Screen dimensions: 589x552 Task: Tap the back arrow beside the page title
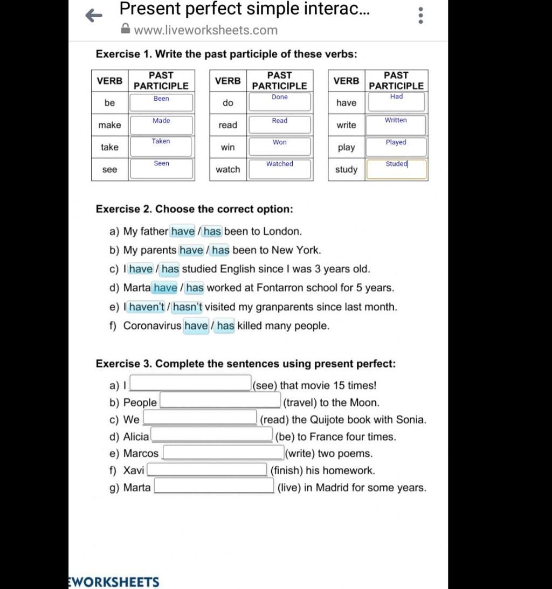94,16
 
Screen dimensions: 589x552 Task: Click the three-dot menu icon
420,16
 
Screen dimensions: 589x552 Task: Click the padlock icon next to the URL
125,30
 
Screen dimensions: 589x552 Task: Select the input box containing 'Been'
161,102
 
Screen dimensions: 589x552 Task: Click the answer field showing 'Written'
396,124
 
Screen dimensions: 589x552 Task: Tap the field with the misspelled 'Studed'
396,169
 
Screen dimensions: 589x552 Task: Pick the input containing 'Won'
279,147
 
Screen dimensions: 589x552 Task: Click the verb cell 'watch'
227,169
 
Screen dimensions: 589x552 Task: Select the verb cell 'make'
109,125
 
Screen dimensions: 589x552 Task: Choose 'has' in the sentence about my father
212,232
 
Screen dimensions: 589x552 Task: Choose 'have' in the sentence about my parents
191,251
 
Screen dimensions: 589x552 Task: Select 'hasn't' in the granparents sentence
188,307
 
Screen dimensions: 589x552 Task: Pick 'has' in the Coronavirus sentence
225,326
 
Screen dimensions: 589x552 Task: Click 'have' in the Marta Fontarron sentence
165,288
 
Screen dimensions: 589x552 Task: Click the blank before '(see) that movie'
190,383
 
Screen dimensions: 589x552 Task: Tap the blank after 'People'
220,401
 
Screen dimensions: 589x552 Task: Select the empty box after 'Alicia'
212,434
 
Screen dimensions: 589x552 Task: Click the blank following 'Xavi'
208,469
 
